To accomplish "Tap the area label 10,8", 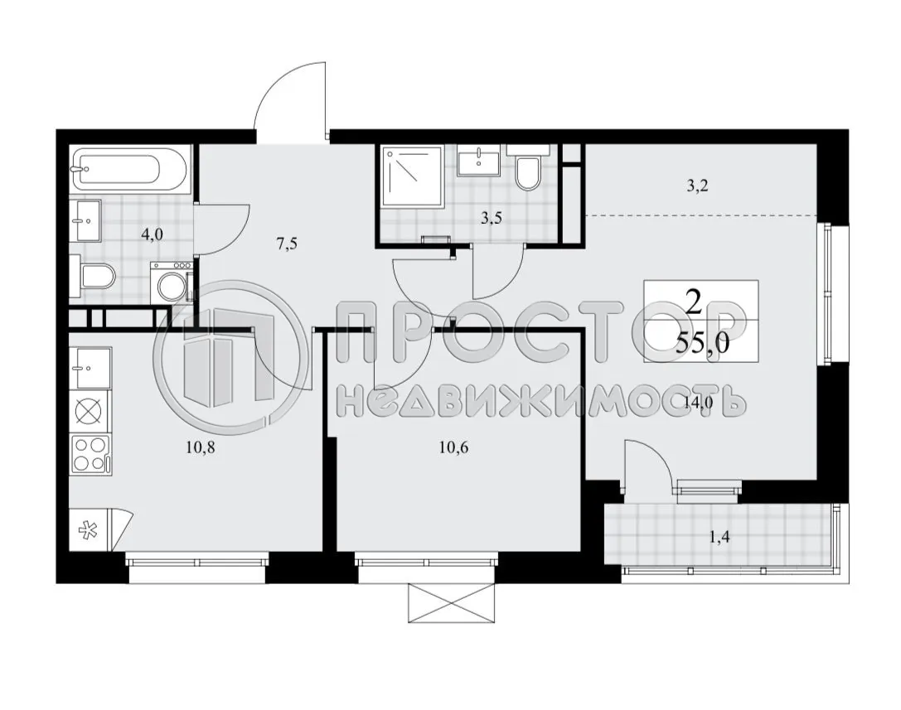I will click(x=201, y=449).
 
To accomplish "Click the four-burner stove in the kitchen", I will click(x=90, y=454).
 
